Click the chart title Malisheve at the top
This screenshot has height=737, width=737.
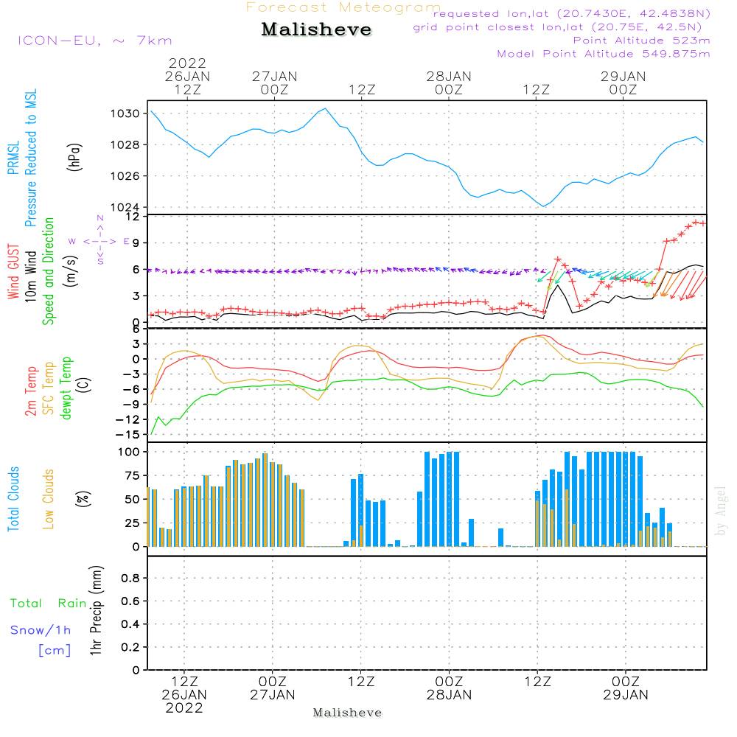pyautogui.click(x=317, y=30)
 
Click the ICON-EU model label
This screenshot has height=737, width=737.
pyautogui.click(x=94, y=41)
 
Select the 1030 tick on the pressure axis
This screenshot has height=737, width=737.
pyautogui.click(x=126, y=113)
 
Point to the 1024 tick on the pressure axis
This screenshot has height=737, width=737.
pyautogui.click(x=126, y=207)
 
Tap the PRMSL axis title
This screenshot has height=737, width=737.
pyautogui.click(x=13, y=133)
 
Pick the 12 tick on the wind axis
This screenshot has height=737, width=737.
pyautogui.click(x=133, y=217)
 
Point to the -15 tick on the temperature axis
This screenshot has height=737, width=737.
pyautogui.click(x=130, y=435)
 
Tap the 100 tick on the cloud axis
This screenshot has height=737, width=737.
pyautogui.click(x=128, y=451)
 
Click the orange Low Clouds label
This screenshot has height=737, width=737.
pyautogui.click(x=49, y=499)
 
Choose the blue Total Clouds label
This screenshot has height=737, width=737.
pyautogui.click(x=13, y=499)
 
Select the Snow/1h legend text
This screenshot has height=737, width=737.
pyautogui.click(x=41, y=630)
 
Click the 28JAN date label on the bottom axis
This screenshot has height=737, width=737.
pyautogui.click(x=449, y=694)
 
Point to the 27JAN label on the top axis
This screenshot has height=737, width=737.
pyautogui.click(x=274, y=77)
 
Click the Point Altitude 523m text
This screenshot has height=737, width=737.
pyautogui.click(x=641, y=41)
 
